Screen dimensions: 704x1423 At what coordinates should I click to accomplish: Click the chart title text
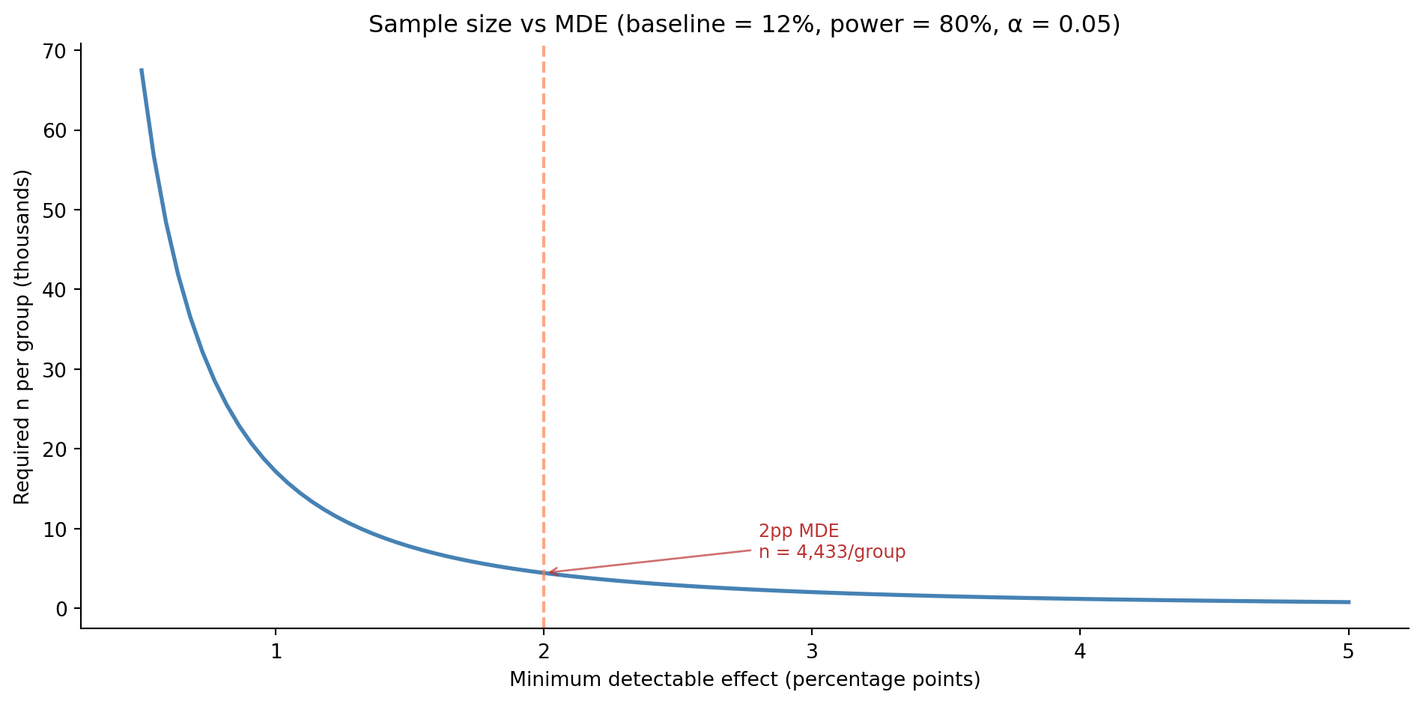pyautogui.click(x=744, y=25)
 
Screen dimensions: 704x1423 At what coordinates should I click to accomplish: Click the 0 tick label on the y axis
pyautogui.click(x=62, y=609)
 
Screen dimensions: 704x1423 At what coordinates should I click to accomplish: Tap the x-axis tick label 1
pyautogui.click(x=276, y=652)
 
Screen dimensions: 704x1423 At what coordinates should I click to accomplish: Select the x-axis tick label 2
pyautogui.click(x=544, y=652)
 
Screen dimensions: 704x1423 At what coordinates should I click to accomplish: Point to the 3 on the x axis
pyautogui.click(x=811, y=652)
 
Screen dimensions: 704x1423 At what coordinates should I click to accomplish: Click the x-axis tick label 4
pyautogui.click(x=1079, y=652)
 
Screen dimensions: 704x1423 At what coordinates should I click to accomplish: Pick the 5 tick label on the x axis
pyautogui.click(x=1347, y=652)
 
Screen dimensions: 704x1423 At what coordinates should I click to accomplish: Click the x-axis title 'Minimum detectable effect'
pyautogui.click(x=744, y=679)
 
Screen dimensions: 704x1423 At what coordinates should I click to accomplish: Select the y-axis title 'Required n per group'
pyautogui.click(x=22, y=337)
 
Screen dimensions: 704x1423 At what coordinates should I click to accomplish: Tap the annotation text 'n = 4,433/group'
pyautogui.click(x=832, y=553)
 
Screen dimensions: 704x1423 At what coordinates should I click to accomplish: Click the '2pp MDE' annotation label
pyautogui.click(x=798, y=531)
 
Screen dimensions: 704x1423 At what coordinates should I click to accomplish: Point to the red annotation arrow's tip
pyautogui.click(x=548, y=573)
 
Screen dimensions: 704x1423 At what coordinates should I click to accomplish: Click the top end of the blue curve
pyautogui.click(x=141, y=70)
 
